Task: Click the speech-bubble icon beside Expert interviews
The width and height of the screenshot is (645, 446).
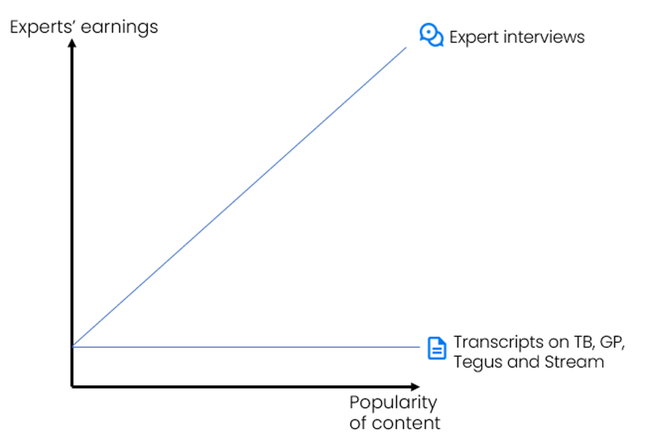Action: [x=432, y=35]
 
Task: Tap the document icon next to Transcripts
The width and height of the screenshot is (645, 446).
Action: [x=437, y=348]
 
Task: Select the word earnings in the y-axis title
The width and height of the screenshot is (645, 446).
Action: [x=119, y=28]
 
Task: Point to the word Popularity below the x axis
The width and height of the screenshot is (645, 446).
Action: [x=393, y=403]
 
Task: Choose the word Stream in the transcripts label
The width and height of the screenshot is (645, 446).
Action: [x=574, y=362]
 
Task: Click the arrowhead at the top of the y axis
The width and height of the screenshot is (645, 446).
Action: [x=72, y=43]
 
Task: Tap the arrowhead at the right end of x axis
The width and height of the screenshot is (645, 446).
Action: [x=415, y=387]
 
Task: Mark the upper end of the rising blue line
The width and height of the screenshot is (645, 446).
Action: [x=406, y=47]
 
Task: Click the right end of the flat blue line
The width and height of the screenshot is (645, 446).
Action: [x=419, y=347]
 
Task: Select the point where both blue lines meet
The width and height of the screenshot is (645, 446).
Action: [x=73, y=346]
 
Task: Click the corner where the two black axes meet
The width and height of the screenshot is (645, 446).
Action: [x=72, y=386]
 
